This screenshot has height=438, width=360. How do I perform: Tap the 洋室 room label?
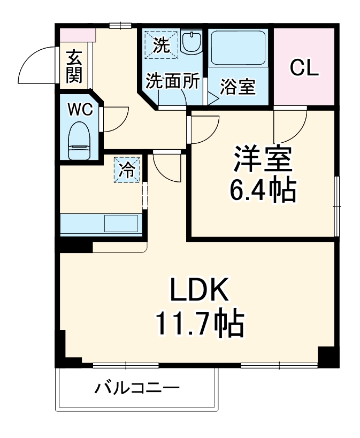click(x=262, y=159)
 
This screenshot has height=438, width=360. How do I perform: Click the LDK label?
click(x=200, y=291)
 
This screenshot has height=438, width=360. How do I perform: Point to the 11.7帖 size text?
click(x=200, y=322)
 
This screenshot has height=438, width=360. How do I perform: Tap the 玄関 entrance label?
click(x=74, y=66)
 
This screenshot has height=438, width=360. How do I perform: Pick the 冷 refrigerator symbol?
click(x=127, y=170)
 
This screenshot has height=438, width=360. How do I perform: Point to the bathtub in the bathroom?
click(x=240, y=49)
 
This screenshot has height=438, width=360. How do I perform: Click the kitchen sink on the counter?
click(x=120, y=223)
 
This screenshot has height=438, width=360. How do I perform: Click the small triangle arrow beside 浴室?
click(x=212, y=98)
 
